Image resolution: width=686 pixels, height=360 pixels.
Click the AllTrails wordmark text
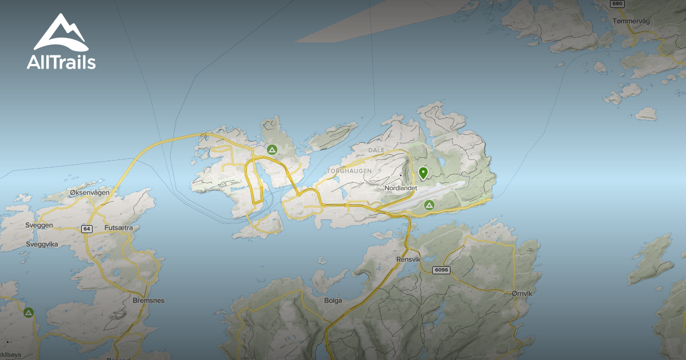[61, 62]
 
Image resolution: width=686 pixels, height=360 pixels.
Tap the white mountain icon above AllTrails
[60, 33]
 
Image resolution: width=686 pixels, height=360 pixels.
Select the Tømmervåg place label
[631, 21]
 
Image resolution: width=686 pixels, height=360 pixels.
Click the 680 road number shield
[616, 3]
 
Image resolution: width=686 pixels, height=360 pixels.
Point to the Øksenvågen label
[89, 193]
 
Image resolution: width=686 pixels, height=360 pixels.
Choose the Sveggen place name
[39, 225]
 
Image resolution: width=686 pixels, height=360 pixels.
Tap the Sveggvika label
[42, 244]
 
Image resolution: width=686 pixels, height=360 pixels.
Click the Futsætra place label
[119, 227]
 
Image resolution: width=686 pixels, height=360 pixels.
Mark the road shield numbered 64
[86, 229]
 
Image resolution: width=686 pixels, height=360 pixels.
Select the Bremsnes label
[148, 300]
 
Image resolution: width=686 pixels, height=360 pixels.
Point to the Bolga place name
[333, 300]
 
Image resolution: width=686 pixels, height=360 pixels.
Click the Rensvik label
[408, 259]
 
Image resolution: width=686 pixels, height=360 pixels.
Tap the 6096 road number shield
[441, 270]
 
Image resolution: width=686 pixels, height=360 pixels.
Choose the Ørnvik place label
[522, 293]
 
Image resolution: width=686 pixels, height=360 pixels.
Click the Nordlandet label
[400, 188]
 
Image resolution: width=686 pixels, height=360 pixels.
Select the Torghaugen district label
[349, 171]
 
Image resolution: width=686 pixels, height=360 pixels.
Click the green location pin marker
[424, 173]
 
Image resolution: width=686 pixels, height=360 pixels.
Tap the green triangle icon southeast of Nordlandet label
[429, 205]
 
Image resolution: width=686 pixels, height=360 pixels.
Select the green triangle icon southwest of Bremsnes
[29, 313]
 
